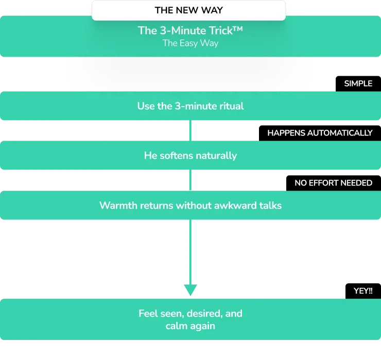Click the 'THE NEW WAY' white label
coord(188,10)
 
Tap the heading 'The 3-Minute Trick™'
coord(190,30)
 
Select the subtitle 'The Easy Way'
coord(190,43)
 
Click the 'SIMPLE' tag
coord(358,83)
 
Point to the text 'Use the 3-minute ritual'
coord(190,106)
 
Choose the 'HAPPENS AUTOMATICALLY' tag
coord(319,133)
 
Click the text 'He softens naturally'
coord(190,155)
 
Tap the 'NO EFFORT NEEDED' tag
coord(333,183)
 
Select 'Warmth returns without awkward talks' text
coord(190,205)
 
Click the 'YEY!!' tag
coord(362,291)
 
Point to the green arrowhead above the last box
coord(190,289)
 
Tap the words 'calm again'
coord(190,326)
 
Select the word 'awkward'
coord(239,205)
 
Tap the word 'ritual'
coord(231,106)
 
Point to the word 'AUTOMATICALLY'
coord(339,133)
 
